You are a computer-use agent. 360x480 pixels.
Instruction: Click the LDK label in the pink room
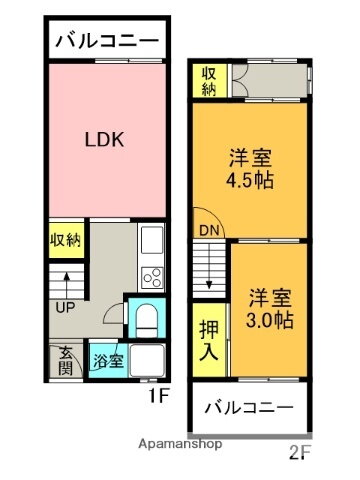[103, 140]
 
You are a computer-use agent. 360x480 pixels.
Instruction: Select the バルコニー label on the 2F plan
[251, 408]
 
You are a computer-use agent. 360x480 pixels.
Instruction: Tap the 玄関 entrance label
[64, 361]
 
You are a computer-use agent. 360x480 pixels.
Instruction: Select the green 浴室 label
[108, 361]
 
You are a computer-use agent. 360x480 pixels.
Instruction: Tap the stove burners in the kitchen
[152, 273]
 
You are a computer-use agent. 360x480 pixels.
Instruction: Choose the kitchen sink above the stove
[152, 240]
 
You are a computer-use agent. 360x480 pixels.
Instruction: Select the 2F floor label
[300, 451]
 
